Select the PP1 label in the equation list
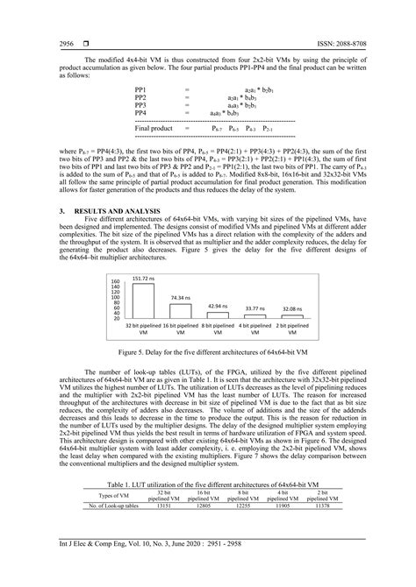point(141,89)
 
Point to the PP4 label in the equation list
point(141,113)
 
